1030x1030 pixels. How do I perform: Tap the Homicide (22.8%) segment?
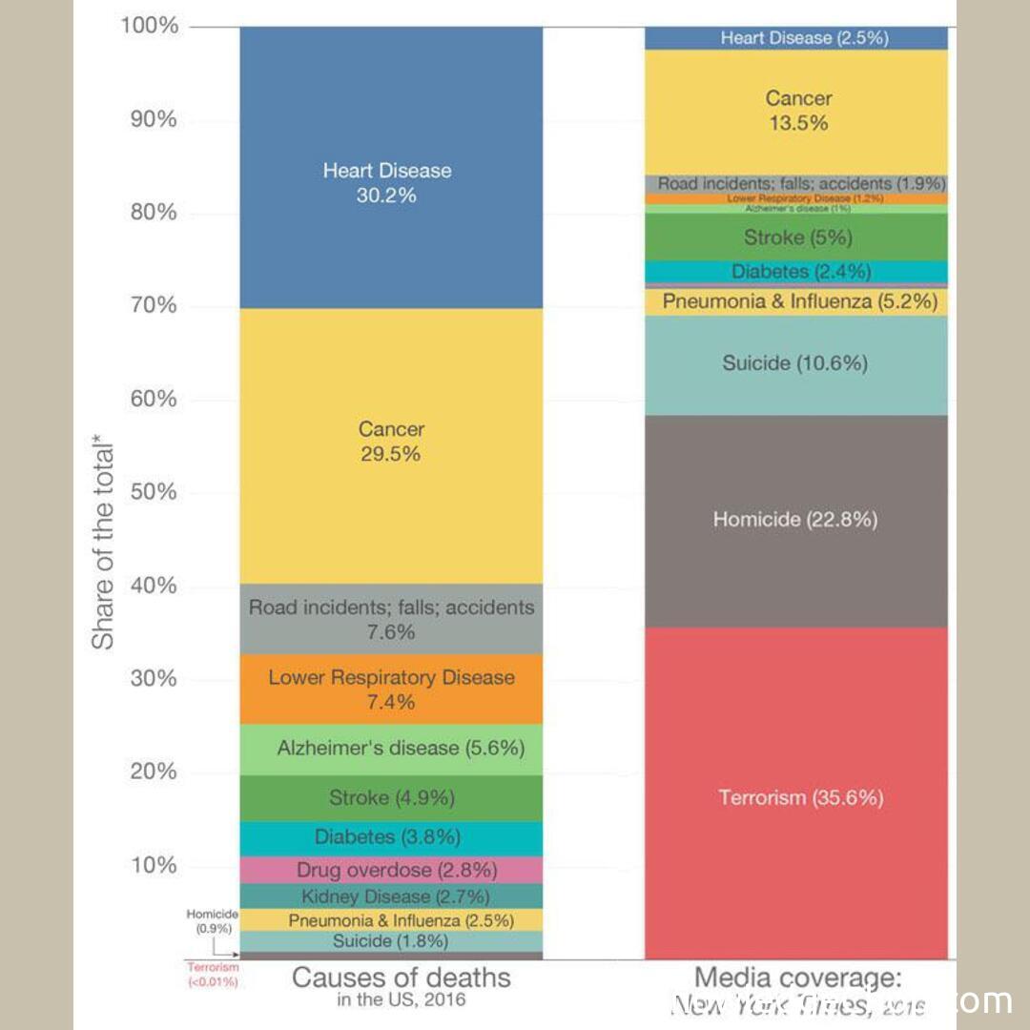pyautogui.click(x=796, y=520)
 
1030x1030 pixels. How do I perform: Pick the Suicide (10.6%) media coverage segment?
pyautogui.click(x=796, y=363)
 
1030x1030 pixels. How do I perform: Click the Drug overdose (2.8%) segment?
pyautogui.click(x=391, y=870)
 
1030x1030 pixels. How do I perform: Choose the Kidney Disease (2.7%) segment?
pyautogui.click(x=391, y=896)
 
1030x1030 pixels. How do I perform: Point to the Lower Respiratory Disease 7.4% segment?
pyautogui.click(x=391, y=689)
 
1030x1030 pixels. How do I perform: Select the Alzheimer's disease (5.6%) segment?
pyautogui.click(x=391, y=749)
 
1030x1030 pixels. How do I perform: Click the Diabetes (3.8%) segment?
pyautogui.click(x=391, y=837)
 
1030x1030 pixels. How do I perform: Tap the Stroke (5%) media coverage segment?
pyautogui.click(x=796, y=237)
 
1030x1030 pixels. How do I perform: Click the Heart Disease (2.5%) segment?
pyautogui.click(x=796, y=38)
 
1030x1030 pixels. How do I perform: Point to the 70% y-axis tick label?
pyautogui.click(x=153, y=305)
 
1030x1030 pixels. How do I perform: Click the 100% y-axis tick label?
pyautogui.click(x=149, y=25)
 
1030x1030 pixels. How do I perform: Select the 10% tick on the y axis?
pyautogui.click(x=153, y=865)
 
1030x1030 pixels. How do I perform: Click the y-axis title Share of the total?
pyautogui.click(x=102, y=544)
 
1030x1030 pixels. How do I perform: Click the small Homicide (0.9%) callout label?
pyautogui.click(x=212, y=920)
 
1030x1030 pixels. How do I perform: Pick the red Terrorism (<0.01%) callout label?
pyautogui.click(x=212, y=974)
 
